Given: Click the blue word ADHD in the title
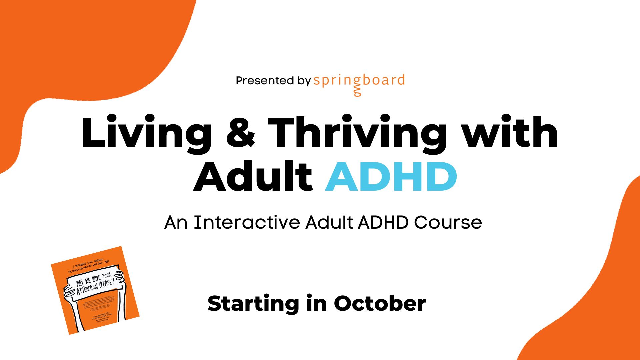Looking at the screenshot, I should point(391,177).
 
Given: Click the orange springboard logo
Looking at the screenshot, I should point(359,81).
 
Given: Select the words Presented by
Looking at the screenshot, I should point(273,81).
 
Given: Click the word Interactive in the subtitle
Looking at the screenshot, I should point(247,222).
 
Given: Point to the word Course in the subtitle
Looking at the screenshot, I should point(448,222).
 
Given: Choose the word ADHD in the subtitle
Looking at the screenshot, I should point(383,222).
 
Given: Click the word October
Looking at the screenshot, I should point(380,303).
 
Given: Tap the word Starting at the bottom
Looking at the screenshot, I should point(253,304).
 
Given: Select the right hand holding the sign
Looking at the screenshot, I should point(120,279).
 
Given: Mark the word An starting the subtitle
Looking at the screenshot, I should point(176,222).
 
